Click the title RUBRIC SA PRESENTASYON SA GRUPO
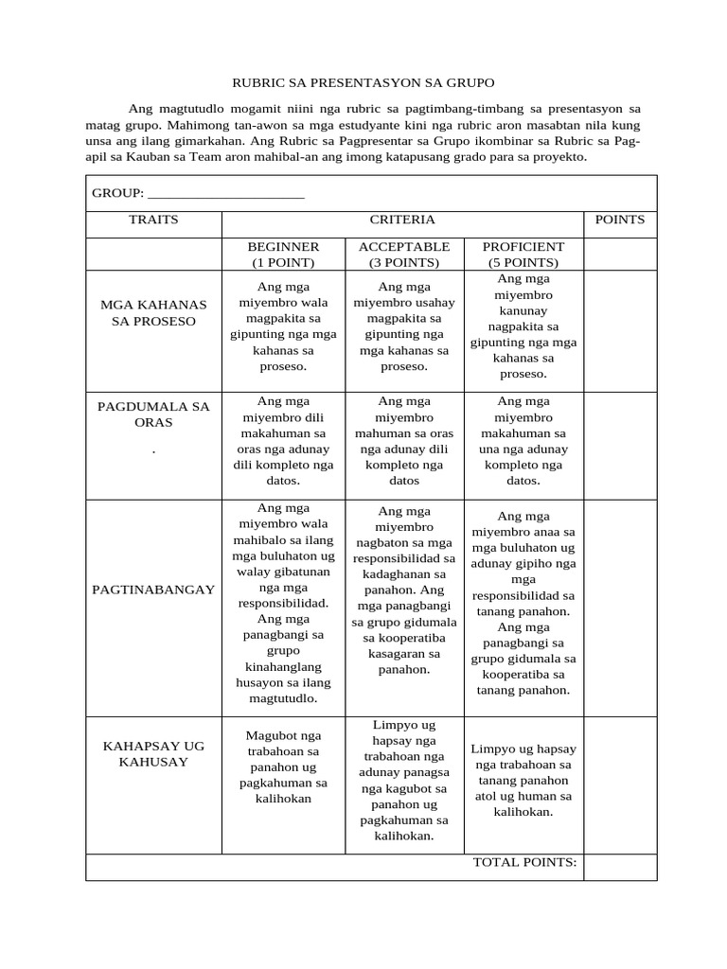(x=364, y=83)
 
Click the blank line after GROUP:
(x=226, y=193)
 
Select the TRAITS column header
(x=153, y=220)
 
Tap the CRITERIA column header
(x=402, y=220)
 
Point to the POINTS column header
(x=620, y=220)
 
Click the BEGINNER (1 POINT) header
(x=283, y=255)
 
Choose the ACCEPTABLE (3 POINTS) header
(x=404, y=255)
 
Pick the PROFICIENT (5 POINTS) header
(x=523, y=255)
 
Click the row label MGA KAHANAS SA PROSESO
(x=153, y=312)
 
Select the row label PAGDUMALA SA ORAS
(x=153, y=414)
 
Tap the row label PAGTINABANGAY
(x=153, y=590)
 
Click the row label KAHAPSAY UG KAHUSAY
(x=153, y=754)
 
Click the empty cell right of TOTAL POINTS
(x=620, y=867)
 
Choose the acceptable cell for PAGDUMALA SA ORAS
(x=404, y=441)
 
